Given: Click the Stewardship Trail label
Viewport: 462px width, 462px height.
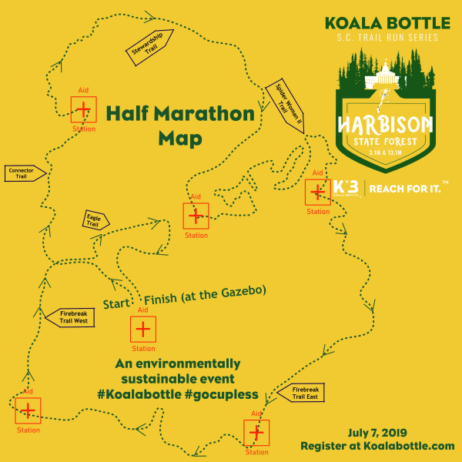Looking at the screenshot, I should click(149, 47).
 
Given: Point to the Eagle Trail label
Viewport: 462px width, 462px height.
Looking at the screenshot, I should click(95, 220).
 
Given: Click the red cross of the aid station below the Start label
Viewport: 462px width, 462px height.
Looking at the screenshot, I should click(142, 330).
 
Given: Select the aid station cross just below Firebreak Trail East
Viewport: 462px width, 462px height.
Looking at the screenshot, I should click(256, 432).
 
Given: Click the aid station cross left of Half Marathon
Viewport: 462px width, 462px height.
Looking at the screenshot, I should click(83, 110).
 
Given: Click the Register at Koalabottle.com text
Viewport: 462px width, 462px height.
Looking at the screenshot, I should click(377, 446).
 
